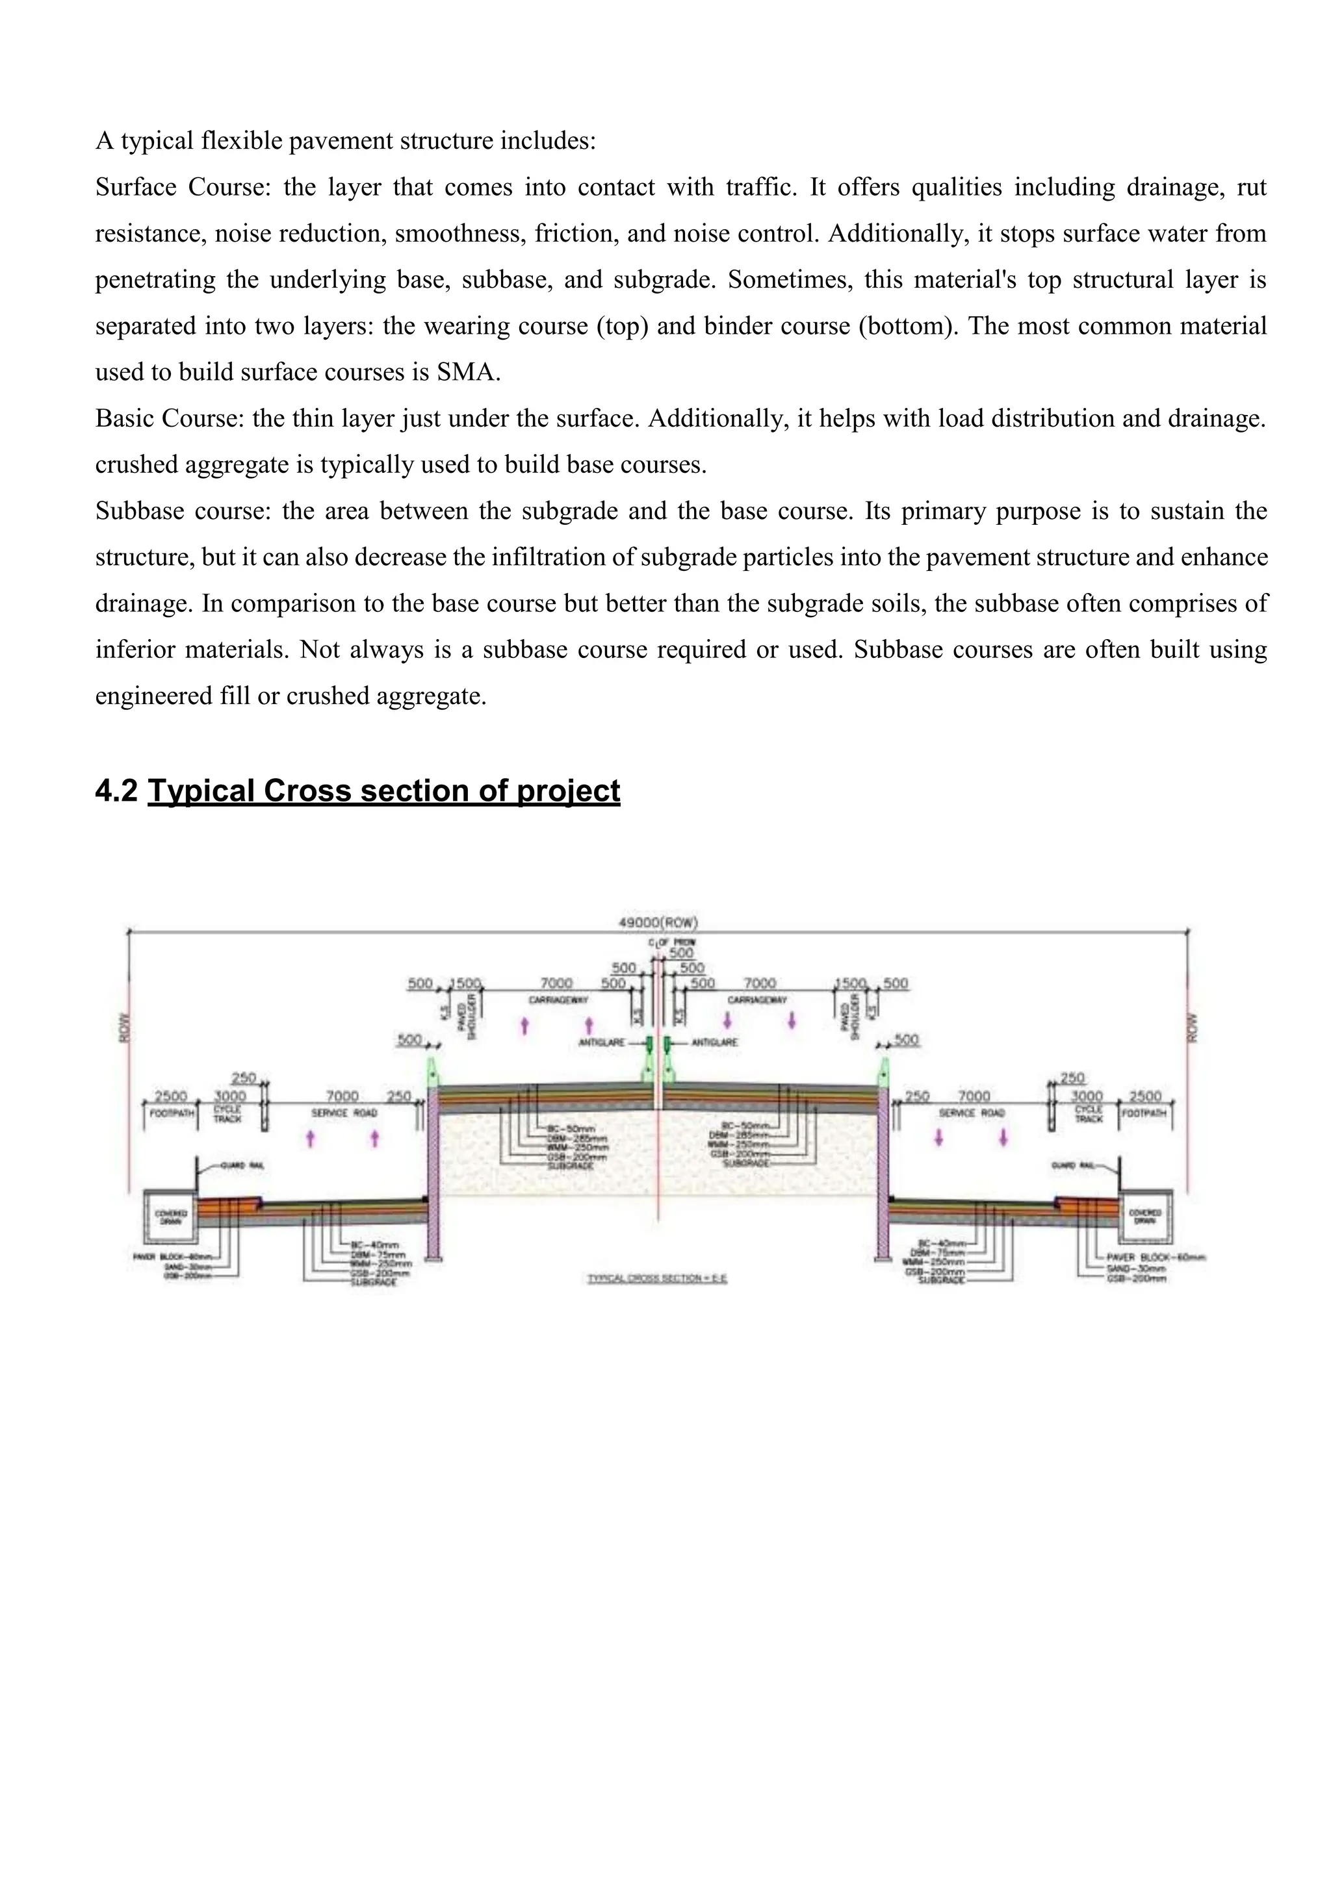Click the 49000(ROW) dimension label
tap(657, 922)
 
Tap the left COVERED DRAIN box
tap(170, 1216)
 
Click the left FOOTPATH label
tap(172, 1113)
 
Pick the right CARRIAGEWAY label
tap(757, 1000)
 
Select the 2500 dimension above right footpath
tap(1145, 1096)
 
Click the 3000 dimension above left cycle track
tap(230, 1096)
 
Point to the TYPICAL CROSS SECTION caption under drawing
tap(657, 1278)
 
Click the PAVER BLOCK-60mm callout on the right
tap(1156, 1257)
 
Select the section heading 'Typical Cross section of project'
tap(383, 790)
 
